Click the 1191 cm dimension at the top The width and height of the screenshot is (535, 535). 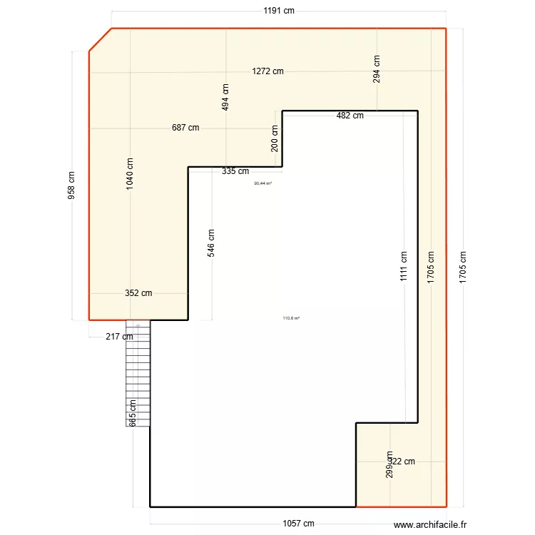[x=279, y=11]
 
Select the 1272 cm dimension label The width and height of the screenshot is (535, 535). [x=267, y=71]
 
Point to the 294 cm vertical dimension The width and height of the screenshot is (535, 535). [x=377, y=69]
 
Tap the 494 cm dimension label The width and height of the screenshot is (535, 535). [x=225, y=97]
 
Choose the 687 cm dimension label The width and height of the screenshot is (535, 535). [x=185, y=128]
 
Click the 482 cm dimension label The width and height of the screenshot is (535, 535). [x=350, y=116]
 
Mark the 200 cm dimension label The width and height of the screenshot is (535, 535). [x=275, y=138]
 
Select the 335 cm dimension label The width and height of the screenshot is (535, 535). [x=235, y=171]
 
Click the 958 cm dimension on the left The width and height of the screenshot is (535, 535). [x=72, y=185]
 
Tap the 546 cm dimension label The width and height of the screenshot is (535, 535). [x=211, y=243]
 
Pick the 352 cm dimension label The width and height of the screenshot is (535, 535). [x=138, y=292]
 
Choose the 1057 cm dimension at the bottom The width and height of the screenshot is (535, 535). [x=298, y=524]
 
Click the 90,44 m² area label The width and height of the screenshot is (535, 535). [x=263, y=183]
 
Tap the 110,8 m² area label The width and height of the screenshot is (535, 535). [x=291, y=318]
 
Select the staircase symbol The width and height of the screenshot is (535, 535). [x=138, y=374]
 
